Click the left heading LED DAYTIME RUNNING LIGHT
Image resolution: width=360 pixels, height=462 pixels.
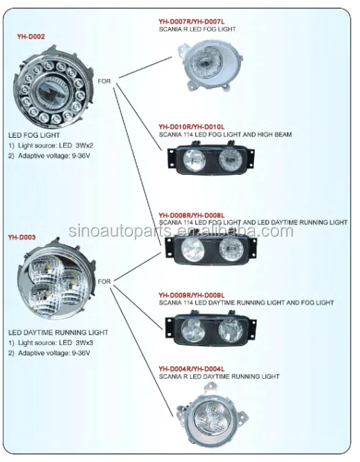[x=58, y=333]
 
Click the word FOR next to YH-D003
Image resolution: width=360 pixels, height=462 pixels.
[x=105, y=281]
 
